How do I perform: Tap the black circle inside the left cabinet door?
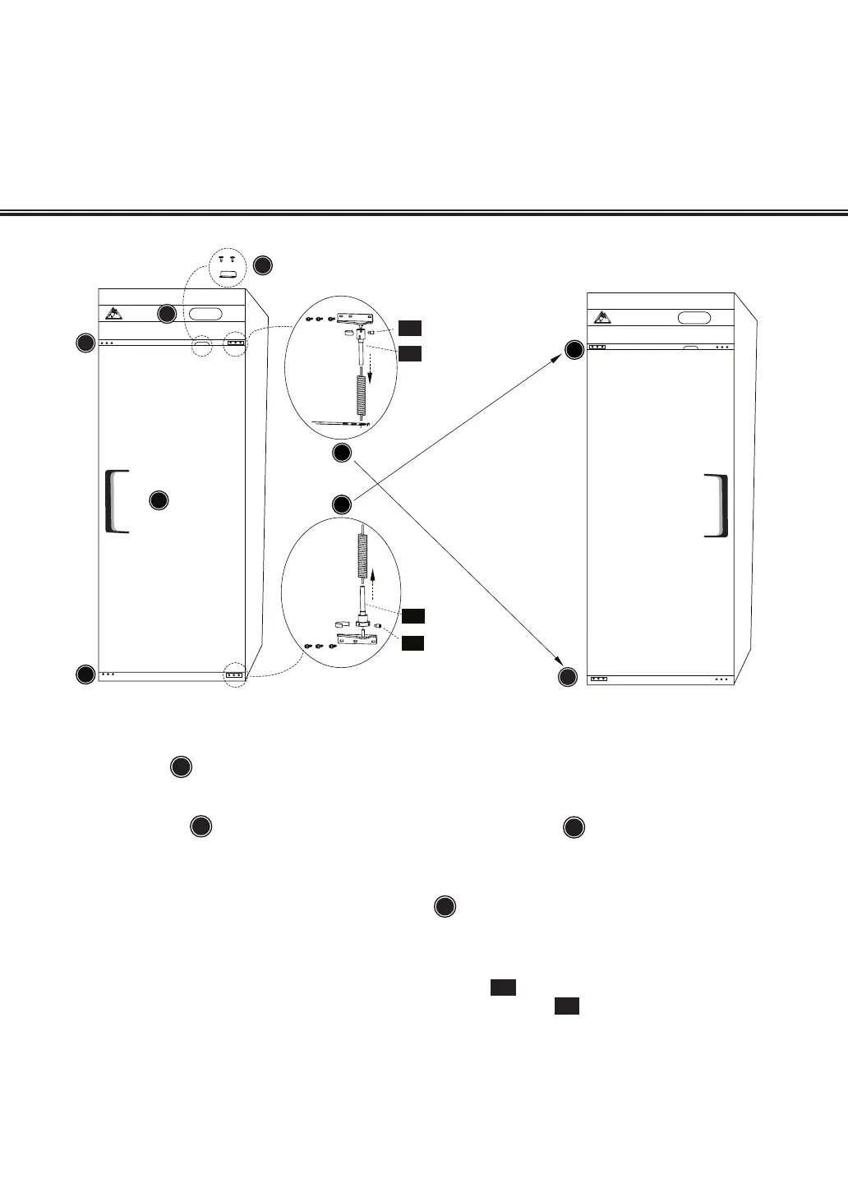[159, 500]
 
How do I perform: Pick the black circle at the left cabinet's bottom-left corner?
[85, 675]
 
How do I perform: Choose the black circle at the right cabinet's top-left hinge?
[574, 352]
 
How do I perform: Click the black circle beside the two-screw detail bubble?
[262, 265]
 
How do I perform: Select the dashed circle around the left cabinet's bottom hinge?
[235, 674]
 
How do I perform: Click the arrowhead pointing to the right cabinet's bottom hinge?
[560, 662]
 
